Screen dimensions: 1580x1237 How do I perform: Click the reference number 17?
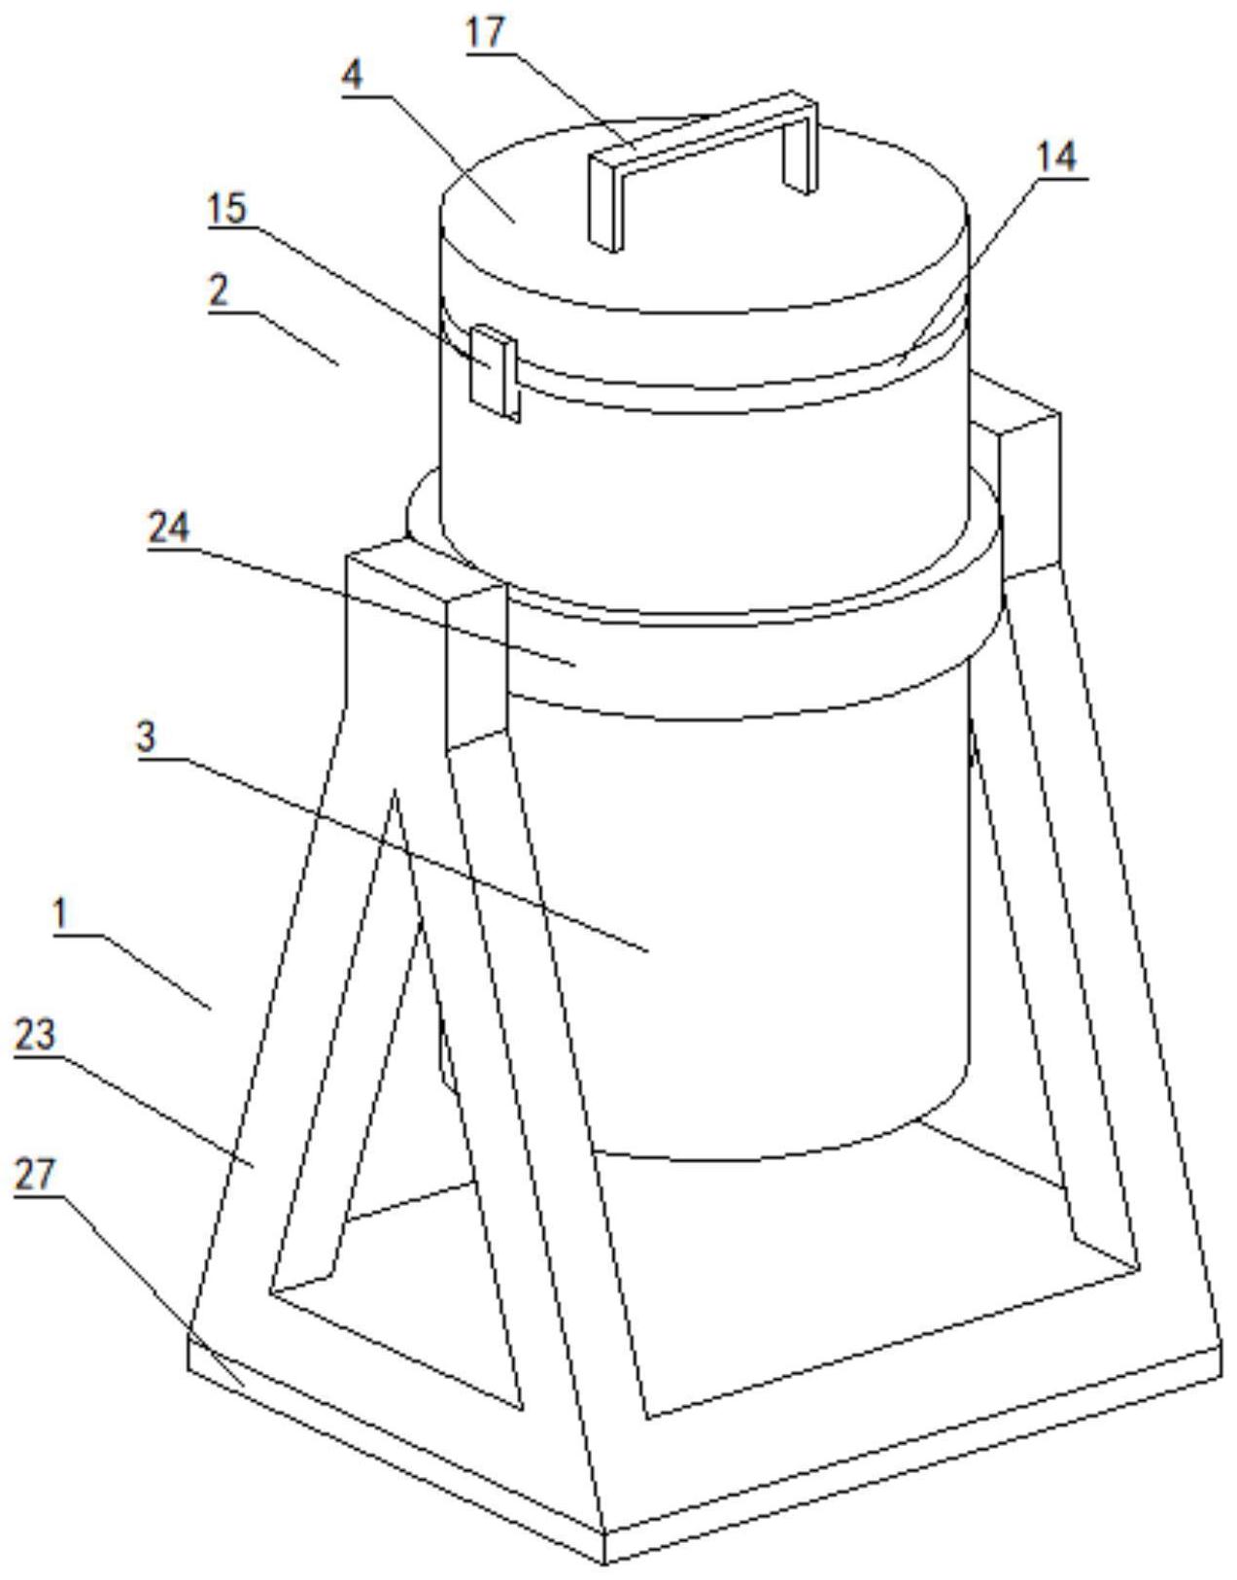click(486, 32)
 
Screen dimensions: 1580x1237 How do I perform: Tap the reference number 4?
click(353, 75)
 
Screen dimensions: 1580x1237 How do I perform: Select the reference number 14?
click(1057, 155)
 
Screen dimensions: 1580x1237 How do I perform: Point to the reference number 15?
click(227, 208)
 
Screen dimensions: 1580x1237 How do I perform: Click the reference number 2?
click(221, 289)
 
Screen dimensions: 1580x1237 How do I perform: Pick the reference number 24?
click(168, 528)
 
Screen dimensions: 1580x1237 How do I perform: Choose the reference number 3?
click(146, 736)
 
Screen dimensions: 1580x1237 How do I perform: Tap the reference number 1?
click(61, 914)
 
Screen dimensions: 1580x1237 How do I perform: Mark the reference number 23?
click(35, 1036)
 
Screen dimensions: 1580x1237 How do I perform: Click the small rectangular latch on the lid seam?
click(492, 370)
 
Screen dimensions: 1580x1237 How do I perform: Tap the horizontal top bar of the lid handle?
click(700, 130)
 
